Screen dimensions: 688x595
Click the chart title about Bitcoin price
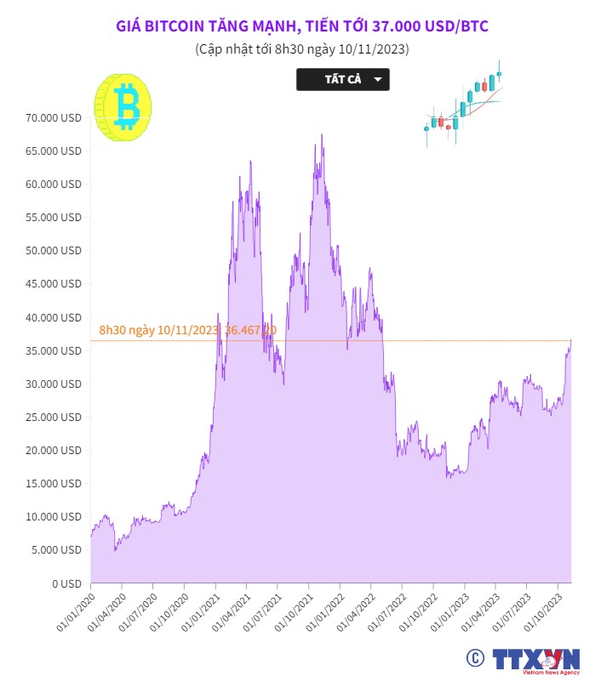pos(301,26)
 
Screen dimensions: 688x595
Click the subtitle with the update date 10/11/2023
pos(301,49)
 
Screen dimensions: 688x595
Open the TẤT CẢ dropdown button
pos(342,79)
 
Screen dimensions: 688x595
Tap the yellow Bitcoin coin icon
pos(123,106)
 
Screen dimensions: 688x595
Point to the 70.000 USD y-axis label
pos(53,117)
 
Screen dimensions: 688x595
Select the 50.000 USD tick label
pos(53,251)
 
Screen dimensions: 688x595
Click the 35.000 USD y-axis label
pos(53,350)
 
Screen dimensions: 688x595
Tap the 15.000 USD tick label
pos(53,484)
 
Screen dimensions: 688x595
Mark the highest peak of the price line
pos(321,134)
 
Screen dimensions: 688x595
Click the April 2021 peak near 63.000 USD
pos(250,161)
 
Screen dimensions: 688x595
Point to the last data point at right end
pos(570,340)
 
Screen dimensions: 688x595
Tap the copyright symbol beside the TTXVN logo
pos(474,657)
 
